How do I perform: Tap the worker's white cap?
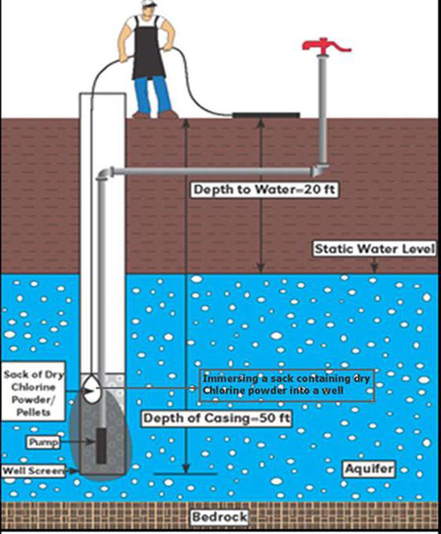tap(149, 2)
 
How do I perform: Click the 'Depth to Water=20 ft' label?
tap(264, 189)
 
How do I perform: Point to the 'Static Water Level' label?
tap(374, 249)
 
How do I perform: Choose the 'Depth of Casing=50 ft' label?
tap(217, 418)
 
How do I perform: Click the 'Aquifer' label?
tap(369, 469)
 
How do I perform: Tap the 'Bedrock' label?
tap(219, 517)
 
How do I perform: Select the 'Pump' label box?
tap(44, 442)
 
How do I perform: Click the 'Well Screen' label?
tap(33, 471)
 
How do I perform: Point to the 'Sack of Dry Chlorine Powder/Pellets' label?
tap(33, 393)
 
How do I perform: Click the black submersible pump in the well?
tap(101, 446)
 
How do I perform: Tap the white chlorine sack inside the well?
tap(92, 389)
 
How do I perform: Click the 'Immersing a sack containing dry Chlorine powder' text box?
tap(287, 385)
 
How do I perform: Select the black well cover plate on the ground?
tap(266, 115)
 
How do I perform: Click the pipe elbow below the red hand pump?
tap(320, 170)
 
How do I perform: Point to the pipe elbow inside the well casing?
tap(105, 173)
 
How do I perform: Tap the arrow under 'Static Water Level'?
tap(374, 265)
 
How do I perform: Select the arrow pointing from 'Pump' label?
tap(78, 442)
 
